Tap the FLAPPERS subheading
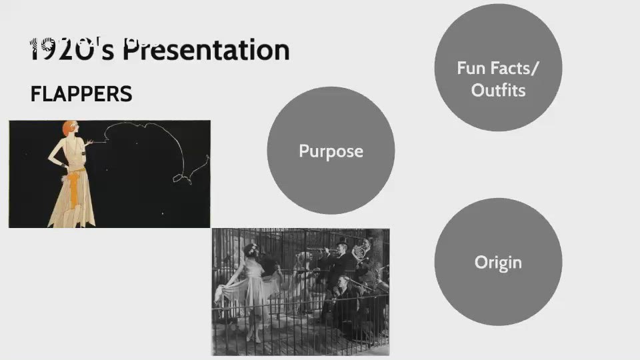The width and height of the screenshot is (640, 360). (x=81, y=94)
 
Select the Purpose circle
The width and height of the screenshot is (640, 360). (x=331, y=151)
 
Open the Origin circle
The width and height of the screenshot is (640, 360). (x=498, y=262)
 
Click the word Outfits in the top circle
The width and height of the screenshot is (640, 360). (x=498, y=90)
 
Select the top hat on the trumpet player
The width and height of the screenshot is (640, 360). (x=342, y=241)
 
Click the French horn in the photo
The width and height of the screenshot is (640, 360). (x=359, y=251)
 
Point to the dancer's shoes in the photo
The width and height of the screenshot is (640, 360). (x=252, y=337)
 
